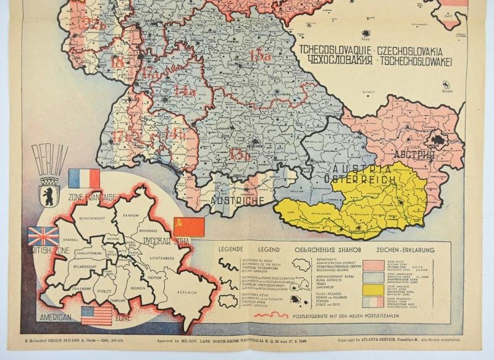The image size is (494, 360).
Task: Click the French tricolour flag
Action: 85,179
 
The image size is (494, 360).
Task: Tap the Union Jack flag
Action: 43,237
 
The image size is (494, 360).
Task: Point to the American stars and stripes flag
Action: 97,315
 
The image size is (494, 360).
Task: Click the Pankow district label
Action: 130,216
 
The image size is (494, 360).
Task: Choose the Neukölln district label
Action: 138,288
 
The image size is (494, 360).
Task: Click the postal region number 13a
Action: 260,56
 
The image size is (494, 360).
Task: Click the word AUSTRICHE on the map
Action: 238,200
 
